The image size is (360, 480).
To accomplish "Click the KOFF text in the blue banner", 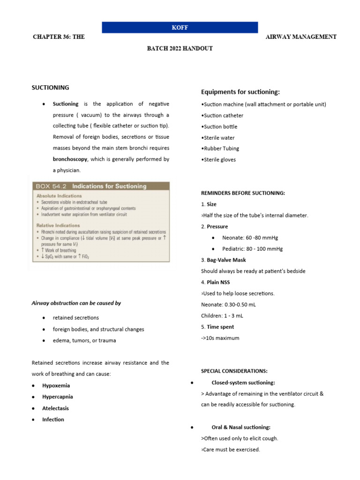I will tap(180, 27).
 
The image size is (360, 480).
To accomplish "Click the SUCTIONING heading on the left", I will tap(50, 88).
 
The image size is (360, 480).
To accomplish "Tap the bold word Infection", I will tap(53, 420).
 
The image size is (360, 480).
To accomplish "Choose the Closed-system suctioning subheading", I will tap(243, 382).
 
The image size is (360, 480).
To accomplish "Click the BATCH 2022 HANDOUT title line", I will tap(180, 49).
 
